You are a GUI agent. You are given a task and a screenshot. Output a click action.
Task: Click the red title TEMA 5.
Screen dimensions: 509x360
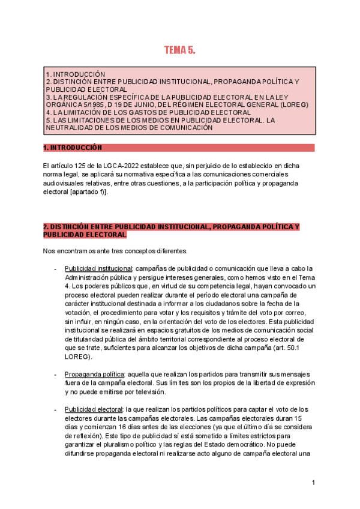pyautogui.click(x=180, y=50)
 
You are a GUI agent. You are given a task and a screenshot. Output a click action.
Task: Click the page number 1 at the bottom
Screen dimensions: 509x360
pyautogui.click(x=313, y=483)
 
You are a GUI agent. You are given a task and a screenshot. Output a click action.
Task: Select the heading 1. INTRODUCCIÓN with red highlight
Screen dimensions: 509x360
pyautogui.click(x=73, y=148)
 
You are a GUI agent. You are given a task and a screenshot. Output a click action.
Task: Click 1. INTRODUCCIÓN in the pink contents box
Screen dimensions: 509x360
pyautogui.click(x=76, y=74)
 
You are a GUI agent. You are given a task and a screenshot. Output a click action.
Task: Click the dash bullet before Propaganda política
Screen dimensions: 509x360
pyautogui.click(x=55, y=374)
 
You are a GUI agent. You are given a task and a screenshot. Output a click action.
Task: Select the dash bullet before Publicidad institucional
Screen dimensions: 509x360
pyautogui.click(x=55, y=268)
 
